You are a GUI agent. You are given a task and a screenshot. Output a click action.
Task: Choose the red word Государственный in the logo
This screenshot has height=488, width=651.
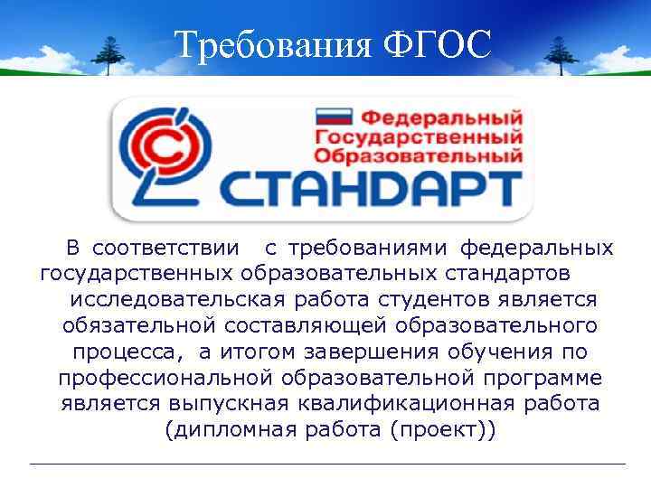click(418, 136)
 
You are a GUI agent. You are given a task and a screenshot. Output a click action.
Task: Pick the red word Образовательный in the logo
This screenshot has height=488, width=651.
click(418, 155)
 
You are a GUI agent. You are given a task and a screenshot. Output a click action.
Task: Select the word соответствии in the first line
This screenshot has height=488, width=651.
click(166, 248)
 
